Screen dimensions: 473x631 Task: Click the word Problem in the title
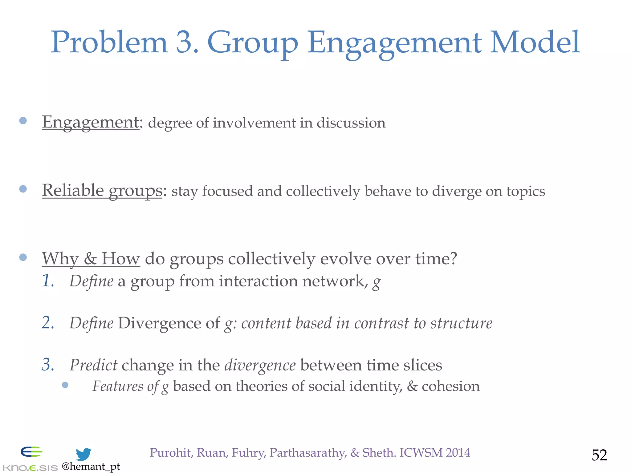109,42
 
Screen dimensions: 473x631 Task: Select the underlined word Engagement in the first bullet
91,122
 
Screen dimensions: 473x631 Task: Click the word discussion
351,123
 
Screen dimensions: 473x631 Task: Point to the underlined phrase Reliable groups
102,191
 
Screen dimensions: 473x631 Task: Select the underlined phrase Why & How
91,259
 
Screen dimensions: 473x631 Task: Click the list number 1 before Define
48,281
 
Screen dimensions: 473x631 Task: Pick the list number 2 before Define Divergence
48,323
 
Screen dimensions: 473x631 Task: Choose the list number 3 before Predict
48,365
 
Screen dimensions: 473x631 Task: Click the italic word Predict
93,365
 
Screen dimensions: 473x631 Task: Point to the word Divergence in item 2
169,323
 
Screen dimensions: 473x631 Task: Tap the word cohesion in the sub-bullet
451,386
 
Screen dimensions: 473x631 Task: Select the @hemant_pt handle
91,467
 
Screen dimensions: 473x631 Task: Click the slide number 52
599,455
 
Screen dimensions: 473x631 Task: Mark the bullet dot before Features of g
65,385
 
